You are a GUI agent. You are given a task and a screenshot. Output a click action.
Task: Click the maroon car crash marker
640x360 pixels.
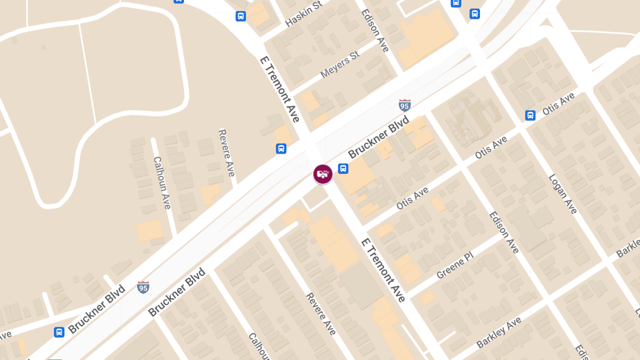(x=323, y=174)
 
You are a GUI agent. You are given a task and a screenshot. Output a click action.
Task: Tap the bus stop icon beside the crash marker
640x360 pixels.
(x=343, y=169)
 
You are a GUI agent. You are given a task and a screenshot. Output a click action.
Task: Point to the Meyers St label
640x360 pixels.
(x=340, y=65)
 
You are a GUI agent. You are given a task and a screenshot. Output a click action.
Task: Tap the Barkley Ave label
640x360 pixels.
(x=499, y=333)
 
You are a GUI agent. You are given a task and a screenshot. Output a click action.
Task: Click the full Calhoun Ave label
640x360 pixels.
(x=162, y=182)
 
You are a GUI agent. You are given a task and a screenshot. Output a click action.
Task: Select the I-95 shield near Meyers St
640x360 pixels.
(x=405, y=105)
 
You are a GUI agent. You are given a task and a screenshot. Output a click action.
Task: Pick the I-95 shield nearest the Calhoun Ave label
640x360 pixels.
(x=143, y=287)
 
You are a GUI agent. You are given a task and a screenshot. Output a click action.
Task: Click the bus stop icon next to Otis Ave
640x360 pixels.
(x=530, y=115)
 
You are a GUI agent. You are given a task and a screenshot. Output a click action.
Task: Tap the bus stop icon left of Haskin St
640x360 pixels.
(x=241, y=16)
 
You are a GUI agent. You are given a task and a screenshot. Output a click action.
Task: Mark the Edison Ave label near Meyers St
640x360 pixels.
(x=375, y=30)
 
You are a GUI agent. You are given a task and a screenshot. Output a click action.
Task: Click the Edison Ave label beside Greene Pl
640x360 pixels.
(x=504, y=233)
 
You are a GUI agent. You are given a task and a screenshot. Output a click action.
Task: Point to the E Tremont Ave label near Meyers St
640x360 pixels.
(x=279, y=89)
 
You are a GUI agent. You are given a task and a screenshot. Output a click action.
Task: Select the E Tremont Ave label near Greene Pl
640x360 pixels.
(x=383, y=270)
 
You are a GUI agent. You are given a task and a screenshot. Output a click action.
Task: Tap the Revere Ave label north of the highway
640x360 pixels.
(x=227, y=153)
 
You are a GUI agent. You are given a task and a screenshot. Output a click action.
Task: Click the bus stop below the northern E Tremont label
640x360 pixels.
(x=281, y=148)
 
